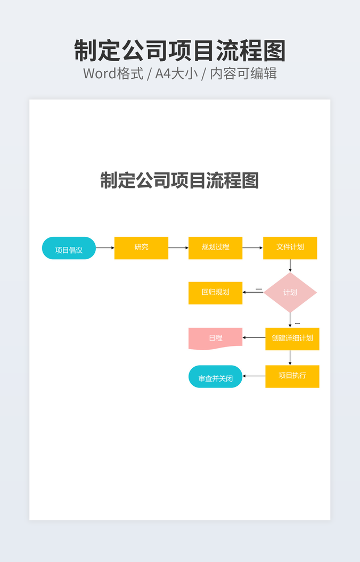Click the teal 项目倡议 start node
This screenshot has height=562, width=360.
coord(69,249)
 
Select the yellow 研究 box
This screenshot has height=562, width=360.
coord(141,248)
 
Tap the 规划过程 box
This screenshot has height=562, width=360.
coord(215,248)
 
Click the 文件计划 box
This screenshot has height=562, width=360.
coord(290,248)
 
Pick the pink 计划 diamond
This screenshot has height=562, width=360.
coord(290,293)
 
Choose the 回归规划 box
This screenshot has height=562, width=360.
coord(215,293)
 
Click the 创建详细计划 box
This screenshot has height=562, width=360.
coord(292,338)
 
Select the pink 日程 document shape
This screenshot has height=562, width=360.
coord(215,338)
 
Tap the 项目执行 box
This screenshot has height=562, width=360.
coord(292,376)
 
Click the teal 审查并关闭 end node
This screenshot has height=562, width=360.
coord(215,377)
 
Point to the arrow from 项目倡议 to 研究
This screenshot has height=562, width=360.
coord(105,248)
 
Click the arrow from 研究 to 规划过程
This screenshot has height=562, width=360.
coord(178,248)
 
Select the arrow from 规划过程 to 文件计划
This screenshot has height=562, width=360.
coord(252,248)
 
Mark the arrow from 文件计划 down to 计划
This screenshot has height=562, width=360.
coord(290,266)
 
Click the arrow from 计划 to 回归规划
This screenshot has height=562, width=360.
coord(253,292)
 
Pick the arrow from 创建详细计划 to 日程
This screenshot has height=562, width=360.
coord(254,337)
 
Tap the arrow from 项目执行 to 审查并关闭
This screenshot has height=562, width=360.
coord(254,376)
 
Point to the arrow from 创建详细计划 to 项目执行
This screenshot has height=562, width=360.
coord(290,358)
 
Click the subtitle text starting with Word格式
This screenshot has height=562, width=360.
coord(179,73)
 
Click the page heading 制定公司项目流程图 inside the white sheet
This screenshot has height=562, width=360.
coord(179,181)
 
